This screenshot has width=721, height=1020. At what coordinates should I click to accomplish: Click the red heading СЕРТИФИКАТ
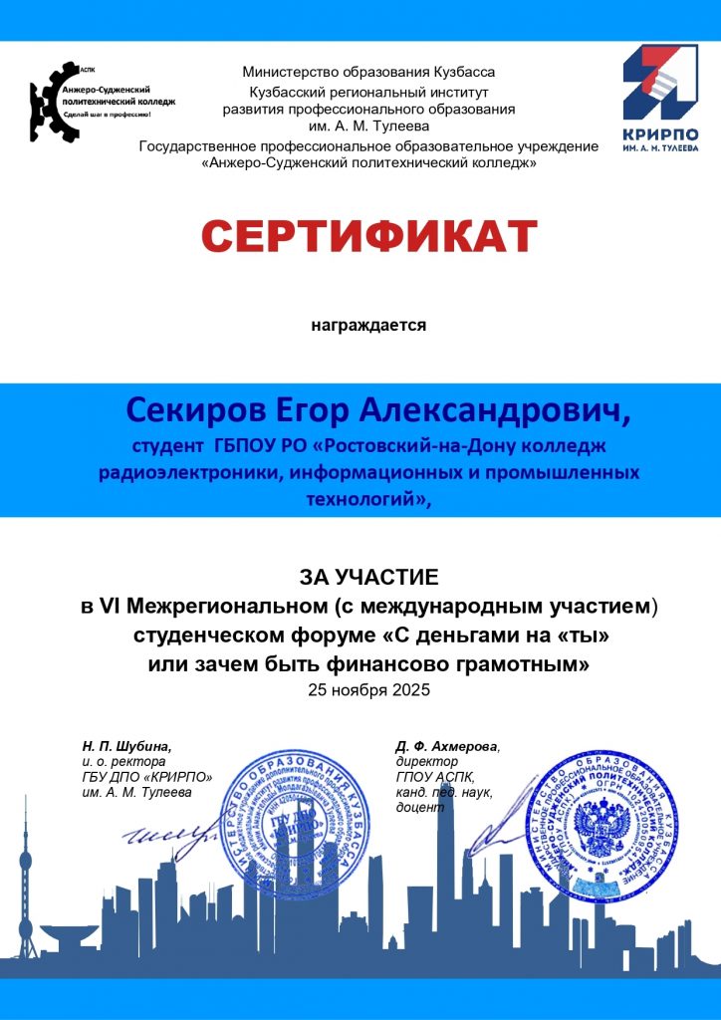369,237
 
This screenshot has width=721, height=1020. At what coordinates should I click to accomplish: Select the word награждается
368,325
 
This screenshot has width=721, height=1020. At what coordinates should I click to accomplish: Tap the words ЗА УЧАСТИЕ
368,577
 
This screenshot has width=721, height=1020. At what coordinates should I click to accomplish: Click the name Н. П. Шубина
126,745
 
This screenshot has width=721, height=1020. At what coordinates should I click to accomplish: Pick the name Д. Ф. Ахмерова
447,745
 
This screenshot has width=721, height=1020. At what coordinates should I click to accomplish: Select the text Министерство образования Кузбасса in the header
368,72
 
